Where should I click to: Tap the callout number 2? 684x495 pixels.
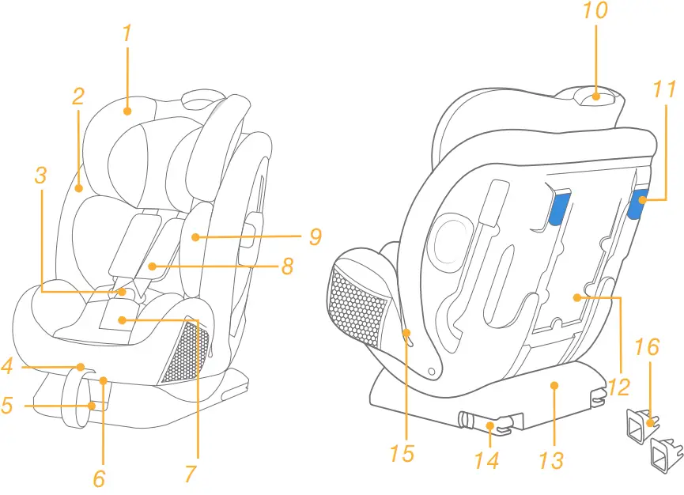pyautogui.click(x=77, y=96)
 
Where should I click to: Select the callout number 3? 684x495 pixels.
pyautogui.click(x=40, y=175)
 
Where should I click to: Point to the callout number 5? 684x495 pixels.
pyautogui.click(x=7, y=406)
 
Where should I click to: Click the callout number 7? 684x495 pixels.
pyautogui.click(x=191, y=473)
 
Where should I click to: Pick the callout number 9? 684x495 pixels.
pyautogui.click(x=315, y=236)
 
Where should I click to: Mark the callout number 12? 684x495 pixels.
pyautogui.click(x=619, y=387)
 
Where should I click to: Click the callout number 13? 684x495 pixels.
pyautogui.click(x=550, y=459)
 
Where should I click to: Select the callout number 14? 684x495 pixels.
pyautogui.click(x=486, y=459)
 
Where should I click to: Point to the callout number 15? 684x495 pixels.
pyautogui.click(x=402, y=453)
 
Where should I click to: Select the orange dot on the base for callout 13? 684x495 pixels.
pyautogui.click(x=554, y=385)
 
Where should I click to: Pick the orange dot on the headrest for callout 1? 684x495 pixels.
pyautogui.click(x=127, y=111)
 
